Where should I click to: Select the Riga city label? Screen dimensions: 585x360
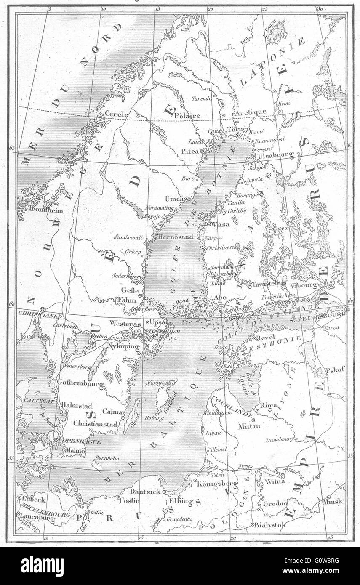(x=269, y=406)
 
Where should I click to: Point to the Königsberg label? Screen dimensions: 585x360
(x=217, y=484)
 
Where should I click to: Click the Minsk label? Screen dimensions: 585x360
(x=333, y=501)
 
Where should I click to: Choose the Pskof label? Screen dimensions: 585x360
(x=335, y=370)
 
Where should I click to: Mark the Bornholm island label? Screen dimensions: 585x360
(x=108, y=458)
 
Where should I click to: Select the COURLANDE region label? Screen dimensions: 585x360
(x=232, y=406)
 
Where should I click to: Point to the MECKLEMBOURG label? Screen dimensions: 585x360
(x=37, y=508)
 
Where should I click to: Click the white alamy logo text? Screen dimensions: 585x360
(x=42, y=566)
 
